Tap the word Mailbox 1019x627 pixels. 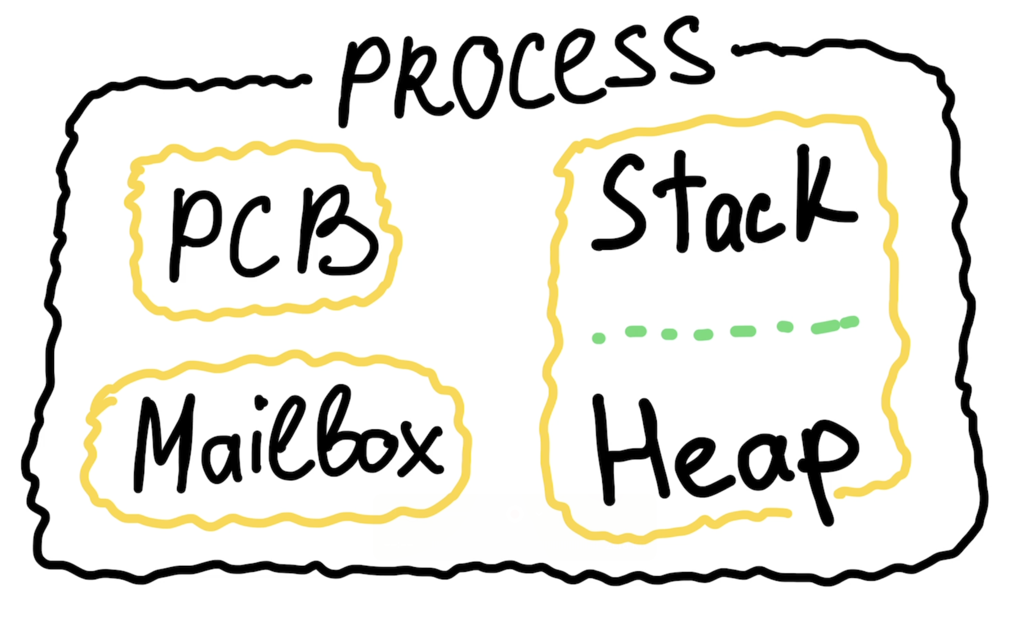pos(286,441)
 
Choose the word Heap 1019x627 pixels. pos(723,459)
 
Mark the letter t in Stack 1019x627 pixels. pos(680,201)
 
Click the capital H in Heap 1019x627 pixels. pos(629,450)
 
